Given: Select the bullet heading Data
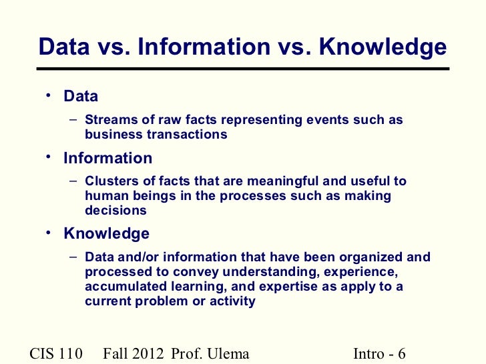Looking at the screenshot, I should click(x=81, y=96).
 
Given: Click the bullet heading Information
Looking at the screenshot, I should click(x=107, y=159).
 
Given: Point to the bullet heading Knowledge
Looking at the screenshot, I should click(x=106, y=234).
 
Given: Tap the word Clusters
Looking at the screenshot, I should click(x=111, y=181).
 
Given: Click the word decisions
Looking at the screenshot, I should click(x=115, y=211).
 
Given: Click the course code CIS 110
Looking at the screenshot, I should click(x=56, y=353).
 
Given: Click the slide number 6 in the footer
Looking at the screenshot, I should click(x=401, y=353).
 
